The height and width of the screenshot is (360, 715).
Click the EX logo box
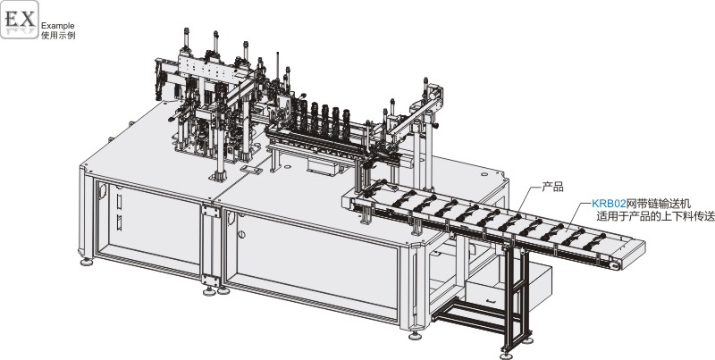pos(19,20)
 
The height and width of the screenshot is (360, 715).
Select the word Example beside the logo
pos(57,26)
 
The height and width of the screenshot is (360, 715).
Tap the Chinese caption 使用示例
pos(58,36)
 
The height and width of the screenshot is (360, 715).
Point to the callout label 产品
pos(552,187)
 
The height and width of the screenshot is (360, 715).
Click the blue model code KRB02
pos(609,204)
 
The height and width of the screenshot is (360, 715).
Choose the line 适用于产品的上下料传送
pos(655,216)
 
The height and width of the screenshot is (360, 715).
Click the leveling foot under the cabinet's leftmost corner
pos(86,262)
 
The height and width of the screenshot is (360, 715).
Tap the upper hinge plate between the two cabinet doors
pos(210,211)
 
